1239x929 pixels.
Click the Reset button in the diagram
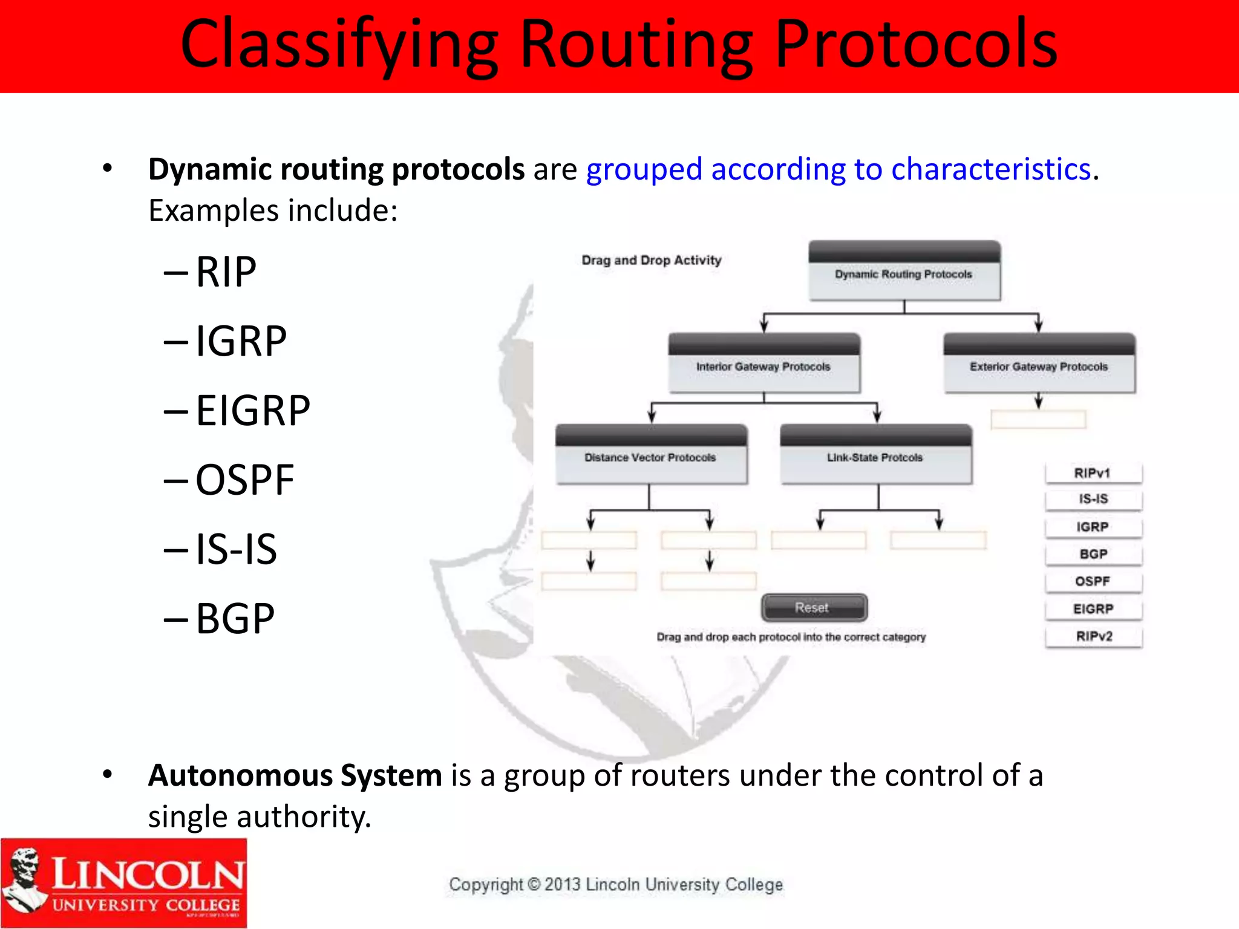pos(814,607)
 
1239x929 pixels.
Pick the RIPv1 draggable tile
pos(1093,473)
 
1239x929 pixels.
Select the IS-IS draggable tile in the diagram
pos(1093,499)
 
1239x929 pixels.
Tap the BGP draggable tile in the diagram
pos(1093,554)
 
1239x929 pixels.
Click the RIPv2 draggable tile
pos(1093,636)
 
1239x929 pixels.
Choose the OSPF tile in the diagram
pos(1093,581)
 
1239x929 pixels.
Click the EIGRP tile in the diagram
pos(1093,609)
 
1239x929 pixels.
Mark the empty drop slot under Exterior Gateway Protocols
pos(1038,419)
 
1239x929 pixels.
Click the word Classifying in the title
pos(339,45)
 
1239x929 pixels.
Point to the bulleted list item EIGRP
pos(253,411)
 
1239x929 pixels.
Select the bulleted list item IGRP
pos(241,341)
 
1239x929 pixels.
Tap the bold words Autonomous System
pos(295,775)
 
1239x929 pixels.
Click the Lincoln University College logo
pos(124,883)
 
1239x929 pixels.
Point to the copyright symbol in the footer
pos(534,884)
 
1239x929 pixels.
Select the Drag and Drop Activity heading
pos(651,260)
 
